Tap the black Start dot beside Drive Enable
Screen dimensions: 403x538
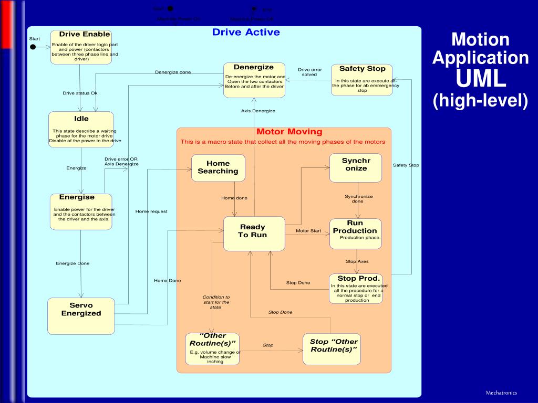point(33,47)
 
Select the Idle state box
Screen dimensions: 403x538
point(81,129)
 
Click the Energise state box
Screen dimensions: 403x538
point(81,211)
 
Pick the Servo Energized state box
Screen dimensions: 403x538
point(81,316)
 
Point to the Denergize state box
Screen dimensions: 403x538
point(254,80)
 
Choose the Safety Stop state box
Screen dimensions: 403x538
point(361,80)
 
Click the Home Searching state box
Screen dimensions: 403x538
point(218,168)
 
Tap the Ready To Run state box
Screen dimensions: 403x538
point(254,234)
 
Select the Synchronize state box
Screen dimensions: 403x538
point(356,168)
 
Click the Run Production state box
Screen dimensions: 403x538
point(356,234)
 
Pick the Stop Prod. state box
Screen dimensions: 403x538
point(356,289)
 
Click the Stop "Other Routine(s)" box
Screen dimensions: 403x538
point(332,349)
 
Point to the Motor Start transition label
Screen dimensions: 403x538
point(308,231)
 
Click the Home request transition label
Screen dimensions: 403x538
point(151,211)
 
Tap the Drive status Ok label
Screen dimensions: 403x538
point(80,93)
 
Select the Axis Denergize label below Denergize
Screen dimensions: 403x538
point(258,111)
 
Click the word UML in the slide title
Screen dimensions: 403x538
point(480,79)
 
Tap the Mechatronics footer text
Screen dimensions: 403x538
point(501,393)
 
